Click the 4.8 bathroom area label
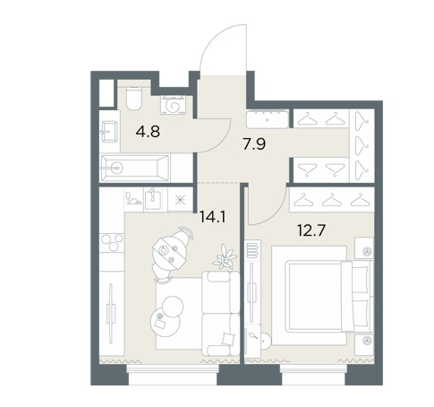[148, 132]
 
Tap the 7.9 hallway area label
[254, 144]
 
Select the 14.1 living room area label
[213, 217]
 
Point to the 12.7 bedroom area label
[311, 230]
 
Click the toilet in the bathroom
[133, 98]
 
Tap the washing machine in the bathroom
[174, 105]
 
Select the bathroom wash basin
[109, 132]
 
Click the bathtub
[135, 168]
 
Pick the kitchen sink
[153, 199]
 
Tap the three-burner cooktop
[112, 242]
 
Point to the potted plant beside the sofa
[225, 256]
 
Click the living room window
[173, 368]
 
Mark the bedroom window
[313, 368]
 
